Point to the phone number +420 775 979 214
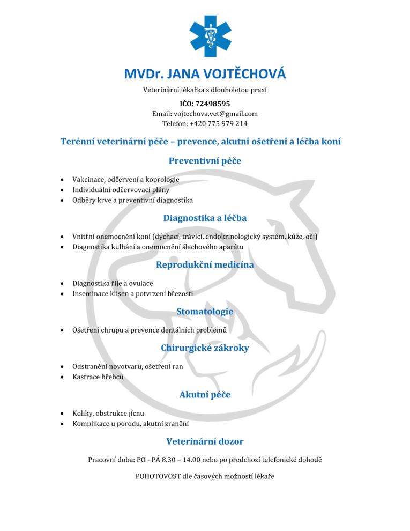219,123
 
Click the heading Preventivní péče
205,160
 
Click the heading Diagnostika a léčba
205,218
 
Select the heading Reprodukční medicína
205,264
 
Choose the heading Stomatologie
205,311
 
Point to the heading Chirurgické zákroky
205,348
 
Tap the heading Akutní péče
205,395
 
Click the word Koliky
82,414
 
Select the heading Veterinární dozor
205,441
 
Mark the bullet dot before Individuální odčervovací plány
64,190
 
